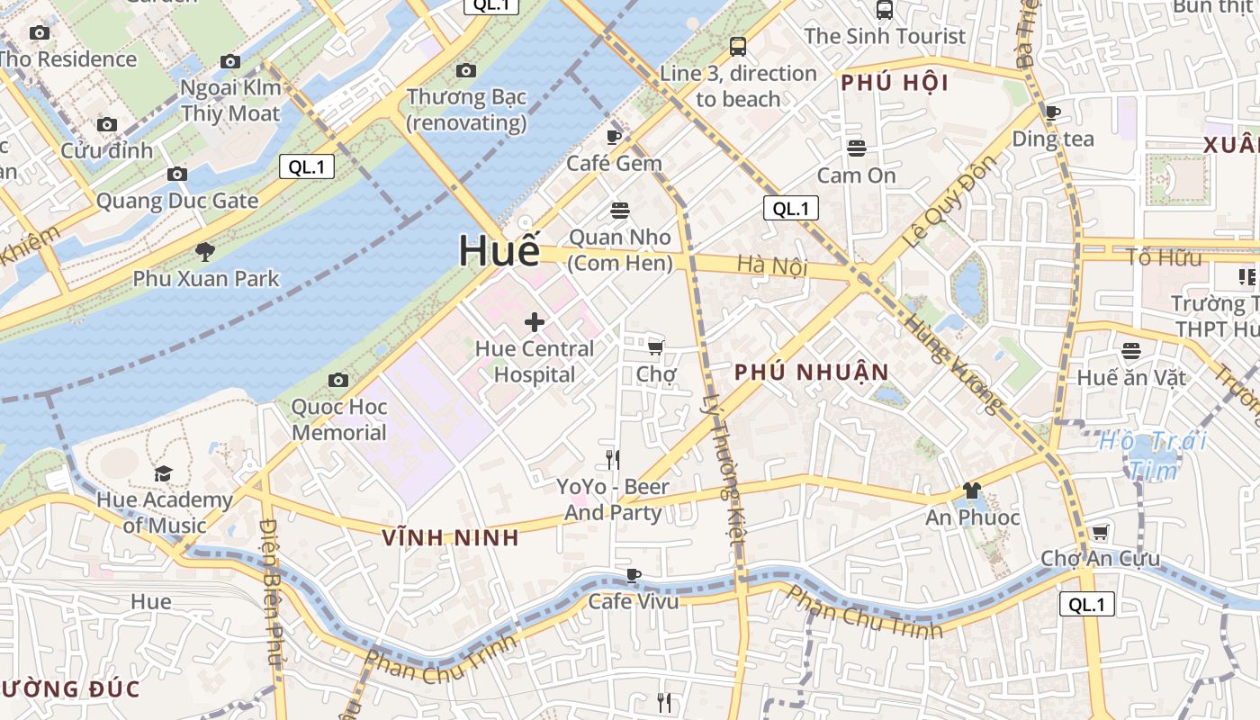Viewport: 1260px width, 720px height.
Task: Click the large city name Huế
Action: point(499,250)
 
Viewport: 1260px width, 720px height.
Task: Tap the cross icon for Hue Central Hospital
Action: point(535,322)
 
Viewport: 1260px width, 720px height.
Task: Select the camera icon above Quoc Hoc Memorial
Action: point(338,380)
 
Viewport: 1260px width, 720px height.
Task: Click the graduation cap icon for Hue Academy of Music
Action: point(163,473)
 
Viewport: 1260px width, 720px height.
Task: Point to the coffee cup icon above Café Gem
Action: point(614,137)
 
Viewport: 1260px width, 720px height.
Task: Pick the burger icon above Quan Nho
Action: point(619,211)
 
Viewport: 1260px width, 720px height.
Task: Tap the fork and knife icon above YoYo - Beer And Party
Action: point(612,460)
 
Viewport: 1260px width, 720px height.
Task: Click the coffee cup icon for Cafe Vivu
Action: point(634,575)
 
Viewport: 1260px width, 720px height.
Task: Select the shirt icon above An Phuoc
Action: point(972,490)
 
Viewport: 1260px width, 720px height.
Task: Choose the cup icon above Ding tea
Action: point(1053,112)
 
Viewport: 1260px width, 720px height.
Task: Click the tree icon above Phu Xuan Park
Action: point(206,252)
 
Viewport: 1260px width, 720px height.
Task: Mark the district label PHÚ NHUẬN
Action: point(811,372)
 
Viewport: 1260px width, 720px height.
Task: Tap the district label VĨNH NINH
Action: point(450,537)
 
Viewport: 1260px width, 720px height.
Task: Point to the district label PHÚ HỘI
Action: point(895,83)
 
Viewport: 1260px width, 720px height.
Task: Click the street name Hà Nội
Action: point(771,265)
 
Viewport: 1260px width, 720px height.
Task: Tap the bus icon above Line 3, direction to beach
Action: point(738,47)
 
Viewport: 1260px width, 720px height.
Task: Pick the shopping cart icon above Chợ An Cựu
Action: point(1100,532)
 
